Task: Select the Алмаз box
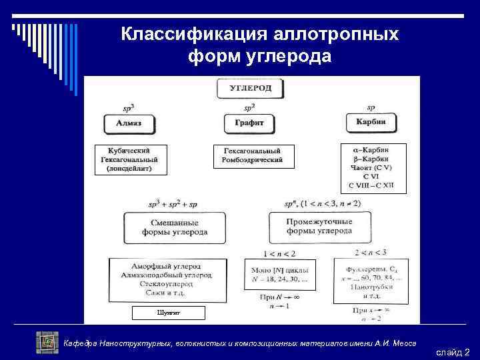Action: [128, 123]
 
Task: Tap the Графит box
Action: [249, 123]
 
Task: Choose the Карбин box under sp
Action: [371, 123]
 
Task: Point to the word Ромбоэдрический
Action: [253, 160]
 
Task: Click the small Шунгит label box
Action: [168, 312]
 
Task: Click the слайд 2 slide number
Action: [453, 351]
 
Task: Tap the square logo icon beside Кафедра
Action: [47, 342]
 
